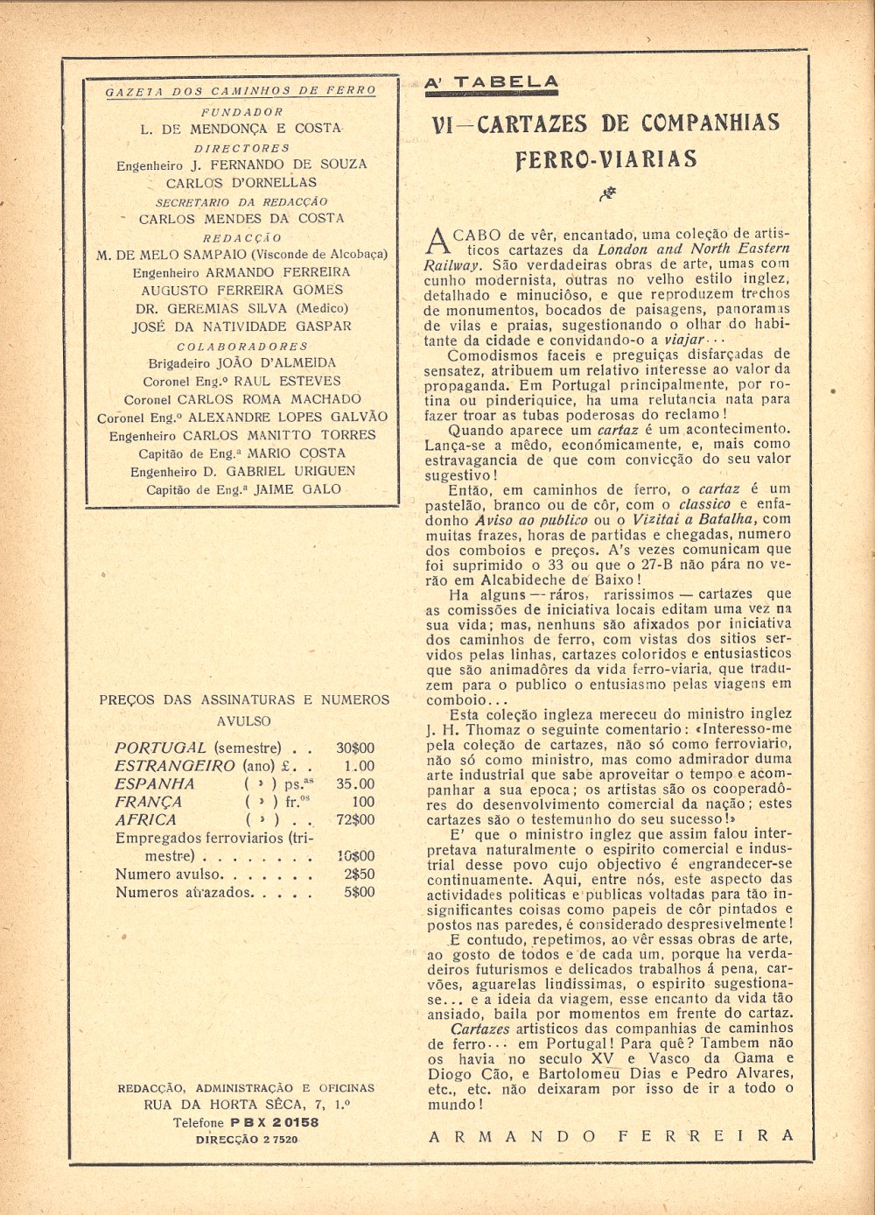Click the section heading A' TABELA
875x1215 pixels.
(490, 83)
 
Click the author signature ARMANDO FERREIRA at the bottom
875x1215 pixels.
(611, 1135)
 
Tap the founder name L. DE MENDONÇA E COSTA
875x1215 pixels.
(241, 128)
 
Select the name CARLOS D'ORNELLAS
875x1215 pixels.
(241, 183)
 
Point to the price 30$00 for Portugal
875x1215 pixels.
(355, 748)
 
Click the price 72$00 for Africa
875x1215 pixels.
(355, 820)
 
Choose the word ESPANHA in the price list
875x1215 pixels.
(155, 784)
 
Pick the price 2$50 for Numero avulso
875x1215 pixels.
(359, 874)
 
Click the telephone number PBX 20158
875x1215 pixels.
(275, 1122)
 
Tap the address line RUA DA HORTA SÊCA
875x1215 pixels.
(247, 1105)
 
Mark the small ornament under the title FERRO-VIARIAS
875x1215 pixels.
(605, 194)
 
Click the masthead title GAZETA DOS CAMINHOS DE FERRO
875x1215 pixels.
(241, 90)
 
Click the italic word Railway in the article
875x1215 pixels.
(451, 263)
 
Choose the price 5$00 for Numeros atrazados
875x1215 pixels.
(359, 892)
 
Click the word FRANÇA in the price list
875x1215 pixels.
(149, 802)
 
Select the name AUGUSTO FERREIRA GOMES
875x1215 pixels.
(242, 290)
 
